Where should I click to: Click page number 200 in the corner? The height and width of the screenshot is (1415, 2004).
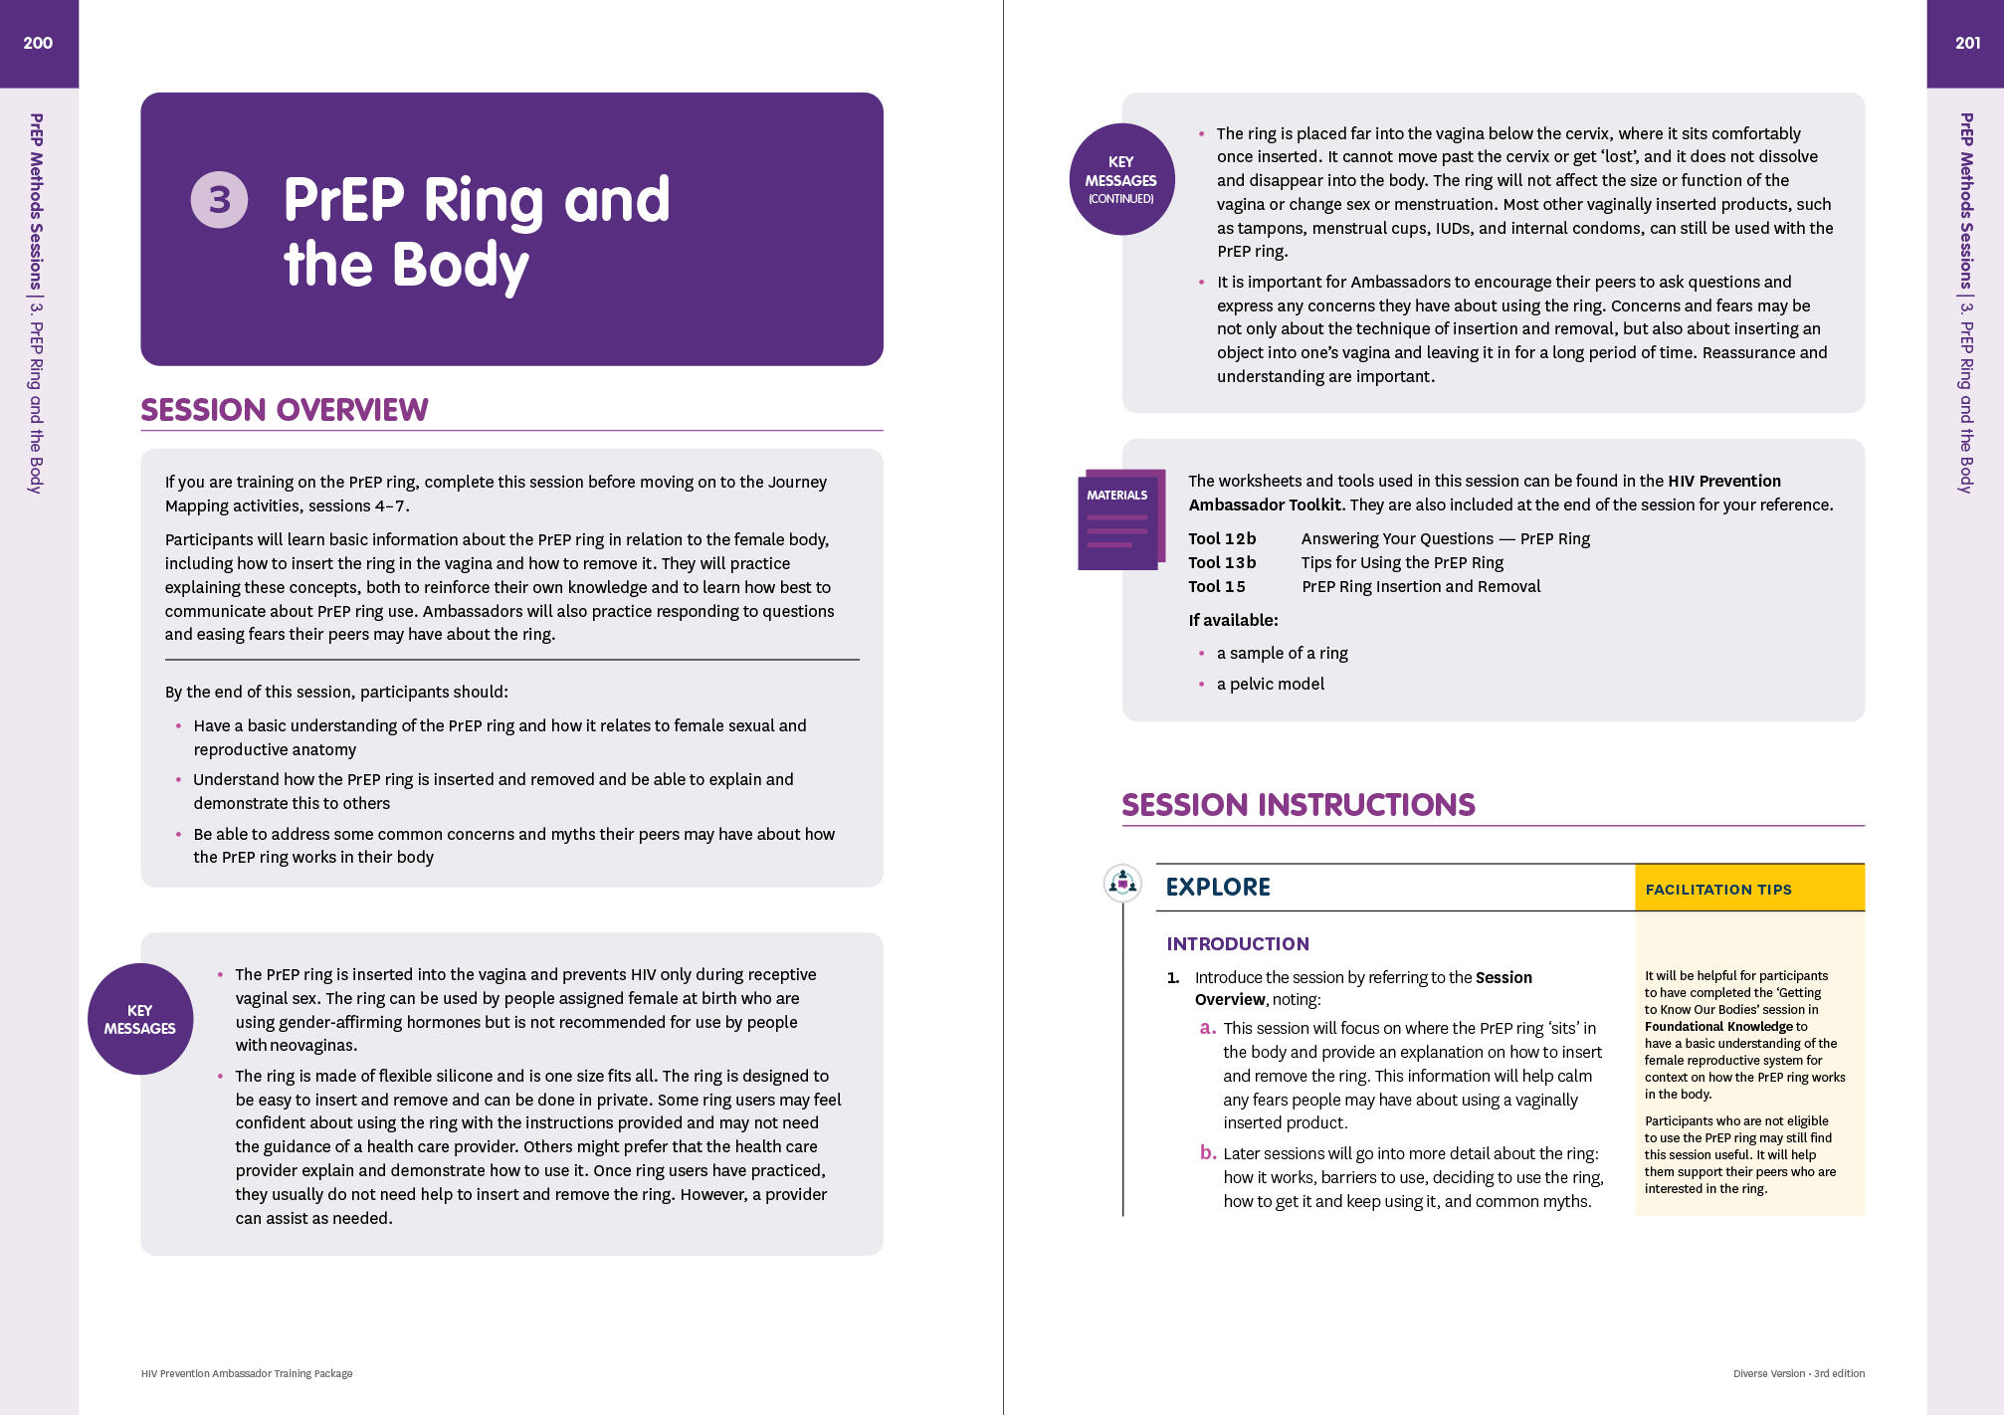click(38, 43)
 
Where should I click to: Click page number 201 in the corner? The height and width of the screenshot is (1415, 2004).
click(1967, 43)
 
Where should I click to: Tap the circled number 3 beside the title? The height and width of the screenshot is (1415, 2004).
click(219, 200)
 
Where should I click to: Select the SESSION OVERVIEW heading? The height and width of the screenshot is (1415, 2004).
click(285, 410)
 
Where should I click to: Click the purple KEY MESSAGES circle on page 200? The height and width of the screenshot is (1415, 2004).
click(140, 1019)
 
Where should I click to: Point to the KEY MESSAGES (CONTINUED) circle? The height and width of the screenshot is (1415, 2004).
click(1121, 179)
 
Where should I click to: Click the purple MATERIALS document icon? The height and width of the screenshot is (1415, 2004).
click(1118, 520)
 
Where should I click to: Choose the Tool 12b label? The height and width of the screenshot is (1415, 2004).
click(1222, 538)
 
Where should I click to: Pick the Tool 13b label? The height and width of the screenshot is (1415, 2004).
click(1222, 562)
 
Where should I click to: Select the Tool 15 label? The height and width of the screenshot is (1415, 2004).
click(1217, 586)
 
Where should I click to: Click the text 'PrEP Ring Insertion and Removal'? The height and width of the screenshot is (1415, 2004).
click(1421, 586)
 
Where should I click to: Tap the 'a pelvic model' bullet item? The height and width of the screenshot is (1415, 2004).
click(1271, 684)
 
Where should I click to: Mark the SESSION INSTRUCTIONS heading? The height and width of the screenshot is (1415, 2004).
click(1299, 805)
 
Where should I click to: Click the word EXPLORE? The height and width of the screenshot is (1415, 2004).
click(1218, 887)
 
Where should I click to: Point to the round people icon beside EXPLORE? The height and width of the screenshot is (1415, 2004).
click(1123, 883)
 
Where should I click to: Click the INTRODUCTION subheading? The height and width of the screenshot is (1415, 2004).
click(1238, 943)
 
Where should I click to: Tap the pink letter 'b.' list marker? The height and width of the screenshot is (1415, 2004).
click(1208, 1152)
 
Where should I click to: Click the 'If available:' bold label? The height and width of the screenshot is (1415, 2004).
click(1233, 620)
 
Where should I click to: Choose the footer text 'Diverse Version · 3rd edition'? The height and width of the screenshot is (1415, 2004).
click(1798, 1373)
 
